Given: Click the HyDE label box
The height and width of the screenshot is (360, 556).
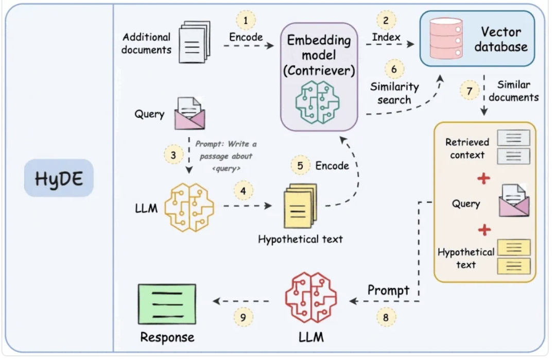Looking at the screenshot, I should point(59,178).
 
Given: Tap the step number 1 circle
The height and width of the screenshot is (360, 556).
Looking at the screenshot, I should point(246,21).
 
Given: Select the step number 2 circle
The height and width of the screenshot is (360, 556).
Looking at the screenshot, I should point(385,21).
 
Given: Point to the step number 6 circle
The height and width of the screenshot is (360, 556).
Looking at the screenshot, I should point(394,68).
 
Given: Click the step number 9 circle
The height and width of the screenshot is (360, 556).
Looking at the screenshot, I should point(244,317).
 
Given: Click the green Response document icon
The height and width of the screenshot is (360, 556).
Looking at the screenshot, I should point(167,304).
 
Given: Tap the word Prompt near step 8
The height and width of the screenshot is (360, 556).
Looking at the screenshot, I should point(388,290).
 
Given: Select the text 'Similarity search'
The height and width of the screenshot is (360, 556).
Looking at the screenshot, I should point(394,93).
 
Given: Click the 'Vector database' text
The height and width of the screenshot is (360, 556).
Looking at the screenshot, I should point(500,39).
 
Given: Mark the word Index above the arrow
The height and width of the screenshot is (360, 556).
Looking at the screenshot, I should point(386,37).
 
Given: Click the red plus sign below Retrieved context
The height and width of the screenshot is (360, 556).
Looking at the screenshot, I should point(483,179).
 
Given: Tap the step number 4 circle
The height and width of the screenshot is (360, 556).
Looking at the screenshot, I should point(244,191).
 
